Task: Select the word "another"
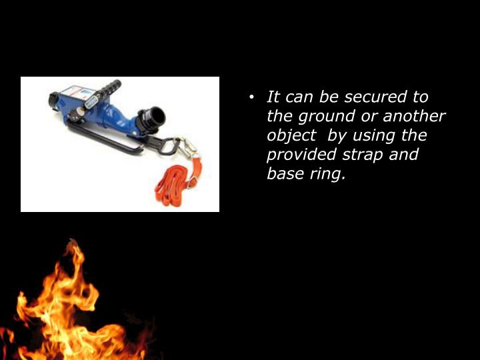point(413,117)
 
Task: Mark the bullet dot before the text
point(251,98)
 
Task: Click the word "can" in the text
point(299,97)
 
